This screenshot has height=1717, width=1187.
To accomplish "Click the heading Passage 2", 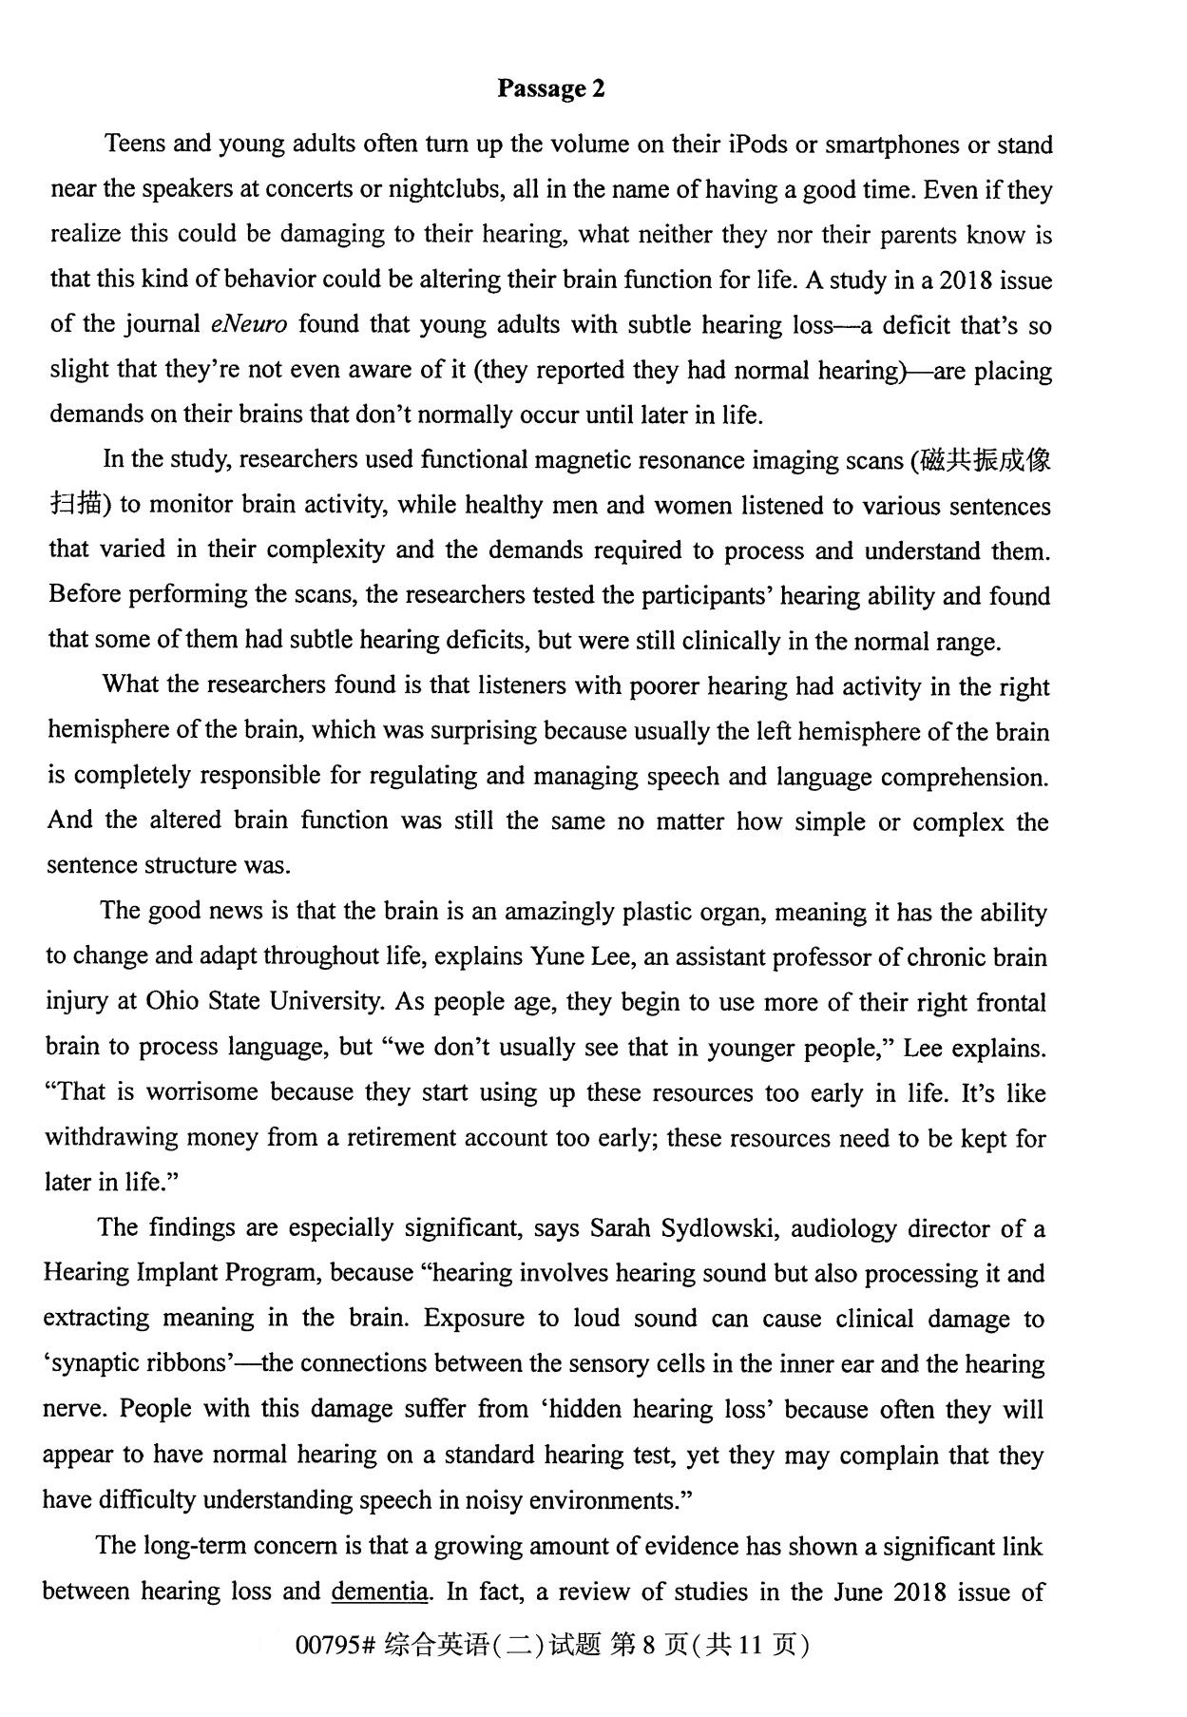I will pos(550,88).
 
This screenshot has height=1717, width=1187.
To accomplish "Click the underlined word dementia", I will pos(378,1591).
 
